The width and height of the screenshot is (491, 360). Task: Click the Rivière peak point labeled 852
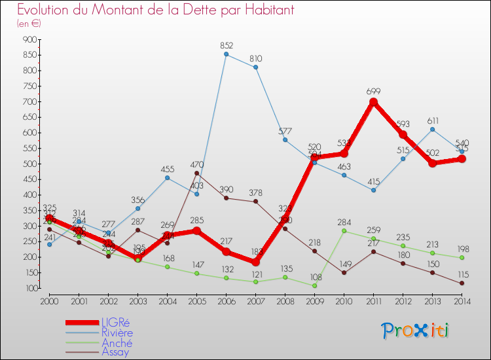click(x=227, y=54)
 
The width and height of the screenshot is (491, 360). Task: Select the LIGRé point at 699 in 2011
click(x=374, y=102)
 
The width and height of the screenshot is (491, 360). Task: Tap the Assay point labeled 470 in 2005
click(x=197, y=173)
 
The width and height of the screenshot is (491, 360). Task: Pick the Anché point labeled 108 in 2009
click(x=315, y=285)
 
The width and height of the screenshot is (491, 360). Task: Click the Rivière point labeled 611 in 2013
click(x=433, y=129)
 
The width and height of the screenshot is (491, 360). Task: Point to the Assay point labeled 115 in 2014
click(x=462, y=283)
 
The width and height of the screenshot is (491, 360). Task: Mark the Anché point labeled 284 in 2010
click(x=344, y=231)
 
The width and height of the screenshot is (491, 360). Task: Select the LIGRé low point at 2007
click(x=256, y=262)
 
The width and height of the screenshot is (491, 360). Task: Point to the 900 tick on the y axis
click(x=30, y=39)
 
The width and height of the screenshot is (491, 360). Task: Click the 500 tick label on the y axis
click(x=30, y=164)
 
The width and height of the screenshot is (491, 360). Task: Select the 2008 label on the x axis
click(x=285, y=300)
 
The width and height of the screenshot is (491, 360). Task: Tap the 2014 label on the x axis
click(x=462, y=300)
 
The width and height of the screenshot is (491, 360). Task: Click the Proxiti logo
click(x=416, y=331)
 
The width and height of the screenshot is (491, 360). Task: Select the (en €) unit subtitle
click(x=29, y=24)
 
